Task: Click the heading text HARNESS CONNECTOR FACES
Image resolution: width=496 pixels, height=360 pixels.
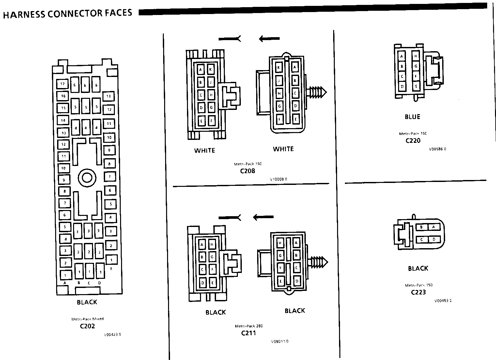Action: (x=68, y=13)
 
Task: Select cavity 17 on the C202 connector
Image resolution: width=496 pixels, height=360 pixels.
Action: (x=62, y=84)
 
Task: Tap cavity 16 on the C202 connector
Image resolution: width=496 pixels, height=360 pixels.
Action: (x=63, y=96)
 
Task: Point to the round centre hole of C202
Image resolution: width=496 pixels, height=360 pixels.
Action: (x=87, y=178)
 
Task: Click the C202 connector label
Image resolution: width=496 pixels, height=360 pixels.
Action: (x=87, y=326)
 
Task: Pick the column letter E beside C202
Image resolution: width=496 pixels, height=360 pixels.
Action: (x=112, y=269)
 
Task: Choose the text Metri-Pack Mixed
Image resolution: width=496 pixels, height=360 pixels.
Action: (x=87, y=319)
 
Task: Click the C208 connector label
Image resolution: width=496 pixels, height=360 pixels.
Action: (x=247, y=171)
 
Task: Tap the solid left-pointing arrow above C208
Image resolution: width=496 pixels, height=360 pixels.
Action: (x=270, y=39)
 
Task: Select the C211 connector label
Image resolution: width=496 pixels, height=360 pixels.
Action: (x=248, y=333)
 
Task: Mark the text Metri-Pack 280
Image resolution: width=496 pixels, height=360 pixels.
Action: (x=249, y=326)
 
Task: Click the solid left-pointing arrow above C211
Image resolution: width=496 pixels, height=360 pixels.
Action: (x=264, y=217)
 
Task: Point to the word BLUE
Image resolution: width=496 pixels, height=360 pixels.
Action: (x=412, y=117)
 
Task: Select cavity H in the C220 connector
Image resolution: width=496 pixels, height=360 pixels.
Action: (x=416, y=56)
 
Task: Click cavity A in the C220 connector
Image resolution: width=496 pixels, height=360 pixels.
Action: (x=402, y=56)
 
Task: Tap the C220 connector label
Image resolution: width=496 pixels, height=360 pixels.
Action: (x=413, y=141)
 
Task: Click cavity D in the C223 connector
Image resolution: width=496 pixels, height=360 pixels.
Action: (x=434, y=239)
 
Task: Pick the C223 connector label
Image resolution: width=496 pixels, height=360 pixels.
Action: (x=418, y=292)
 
